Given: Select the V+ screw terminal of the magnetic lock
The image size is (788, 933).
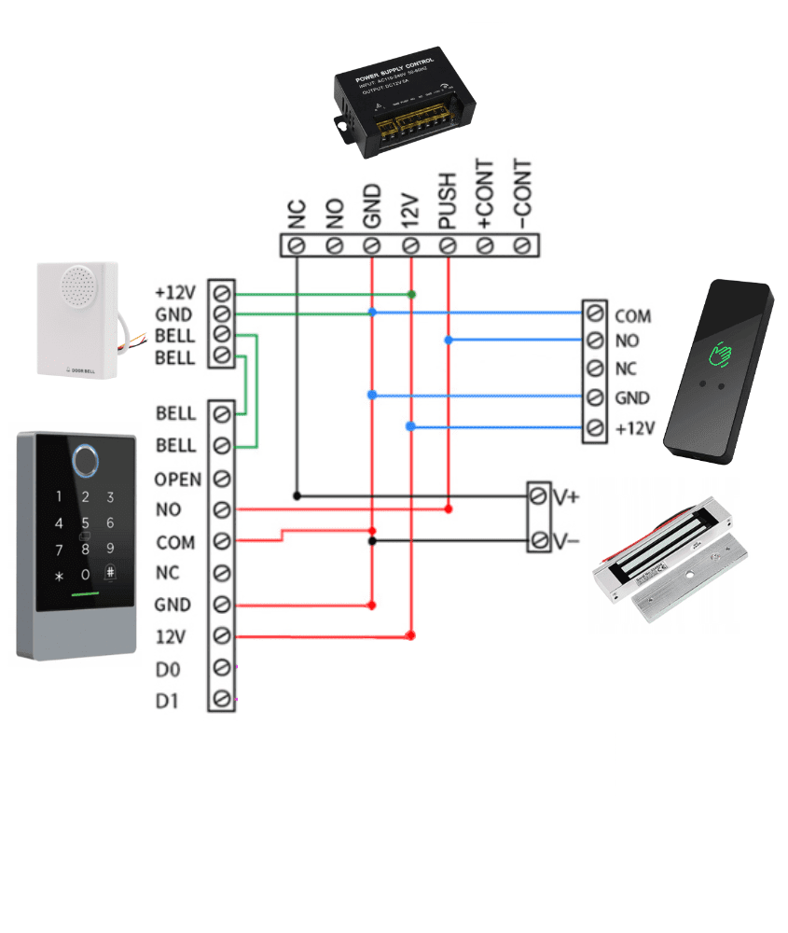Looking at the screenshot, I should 539,497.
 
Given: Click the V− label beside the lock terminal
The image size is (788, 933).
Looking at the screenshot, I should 566,541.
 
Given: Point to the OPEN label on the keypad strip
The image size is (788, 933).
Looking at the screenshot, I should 177,480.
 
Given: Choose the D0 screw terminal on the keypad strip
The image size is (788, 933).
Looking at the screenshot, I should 222,667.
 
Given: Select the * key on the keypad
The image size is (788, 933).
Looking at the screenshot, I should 60,576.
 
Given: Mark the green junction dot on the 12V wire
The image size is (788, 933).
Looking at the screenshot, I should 411,294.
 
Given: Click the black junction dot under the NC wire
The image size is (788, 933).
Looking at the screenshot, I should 297,494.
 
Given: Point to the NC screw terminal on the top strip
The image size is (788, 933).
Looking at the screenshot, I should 297,245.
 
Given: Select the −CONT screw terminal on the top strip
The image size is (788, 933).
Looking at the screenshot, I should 522,245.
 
